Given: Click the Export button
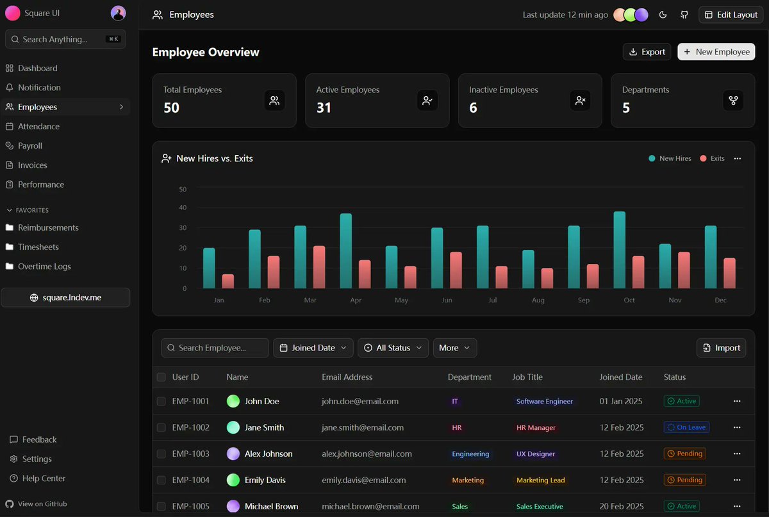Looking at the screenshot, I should pyautogui.click(x=647, y=52).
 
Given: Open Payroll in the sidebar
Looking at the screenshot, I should pyautogui.click(x=30, y=145).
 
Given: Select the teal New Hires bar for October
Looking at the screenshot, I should pyautogui.click(x=619, y=250).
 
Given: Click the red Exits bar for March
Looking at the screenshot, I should pyautogui.click(x=319, y=267).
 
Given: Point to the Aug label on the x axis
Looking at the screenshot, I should pyautogui.click(x=538, y=300).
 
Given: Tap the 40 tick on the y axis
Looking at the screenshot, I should pyautogui.click(x=183, y=208).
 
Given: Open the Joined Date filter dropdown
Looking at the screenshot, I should pyautogui.click(x=313, y=348).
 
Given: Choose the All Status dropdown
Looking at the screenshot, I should pyautogui.click(x=393, y=348).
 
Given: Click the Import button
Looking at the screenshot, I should pyautogui.click(x=721, y=348).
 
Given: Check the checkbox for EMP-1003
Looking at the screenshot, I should pyautogui.click(x=161, y=454).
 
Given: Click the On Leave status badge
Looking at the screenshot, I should pyautogui.click(x=686, y=427).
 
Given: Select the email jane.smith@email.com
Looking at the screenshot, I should pyautogui.click(x=363, y=427).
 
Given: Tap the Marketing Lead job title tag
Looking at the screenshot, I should pyautogui.click(x=540, y=480).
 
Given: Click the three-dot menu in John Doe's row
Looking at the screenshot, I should pyautogui.click(x=736, y=401).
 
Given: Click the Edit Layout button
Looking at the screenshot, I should pyautogui.click(x=731, y=15).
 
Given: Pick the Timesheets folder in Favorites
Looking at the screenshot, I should pyautogui.click(x=38, y=247).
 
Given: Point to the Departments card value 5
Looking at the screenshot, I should pyautogui.click(x=626, y=108).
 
